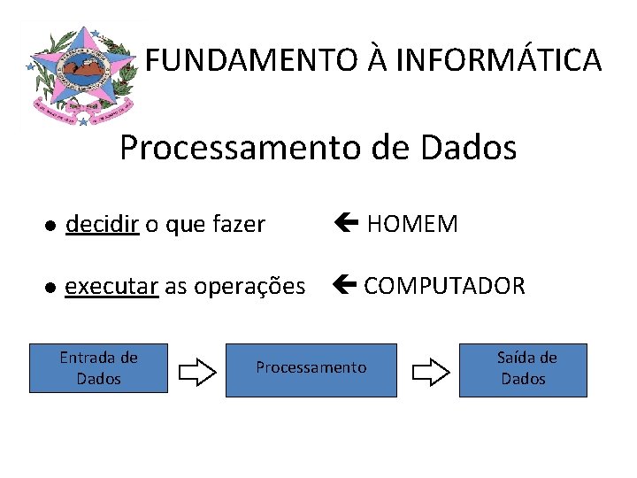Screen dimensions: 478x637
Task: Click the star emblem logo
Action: click(80, 75)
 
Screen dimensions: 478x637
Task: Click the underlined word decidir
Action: click(102, 225)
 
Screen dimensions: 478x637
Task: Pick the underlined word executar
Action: click(111, 287)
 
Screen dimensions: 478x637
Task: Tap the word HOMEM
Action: click(412, 225)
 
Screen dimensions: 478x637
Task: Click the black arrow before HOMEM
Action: click(346, 224)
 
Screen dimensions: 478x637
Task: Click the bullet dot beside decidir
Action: click(52, 227)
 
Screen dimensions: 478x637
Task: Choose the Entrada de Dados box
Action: click(98, 368)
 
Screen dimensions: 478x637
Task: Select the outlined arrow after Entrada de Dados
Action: click(197, 372)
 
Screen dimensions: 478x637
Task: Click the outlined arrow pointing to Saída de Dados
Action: click(431, 372)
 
